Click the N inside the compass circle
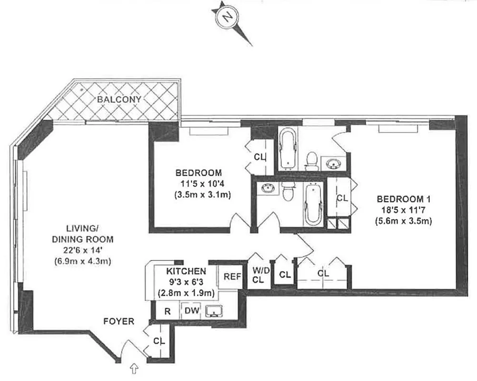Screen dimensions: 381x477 click(228, 18)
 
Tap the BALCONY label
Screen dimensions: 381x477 click(119, 100)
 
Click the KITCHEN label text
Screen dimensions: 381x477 click(186, 271)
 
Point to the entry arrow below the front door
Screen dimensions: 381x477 click(134, 368)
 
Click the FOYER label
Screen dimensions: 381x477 click(119, 321)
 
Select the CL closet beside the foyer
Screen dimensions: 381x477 click(159, 341)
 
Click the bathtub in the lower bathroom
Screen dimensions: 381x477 click(313, 204)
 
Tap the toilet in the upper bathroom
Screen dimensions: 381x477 click(312, 160)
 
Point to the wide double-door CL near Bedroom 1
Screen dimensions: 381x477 click(323, 274)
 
